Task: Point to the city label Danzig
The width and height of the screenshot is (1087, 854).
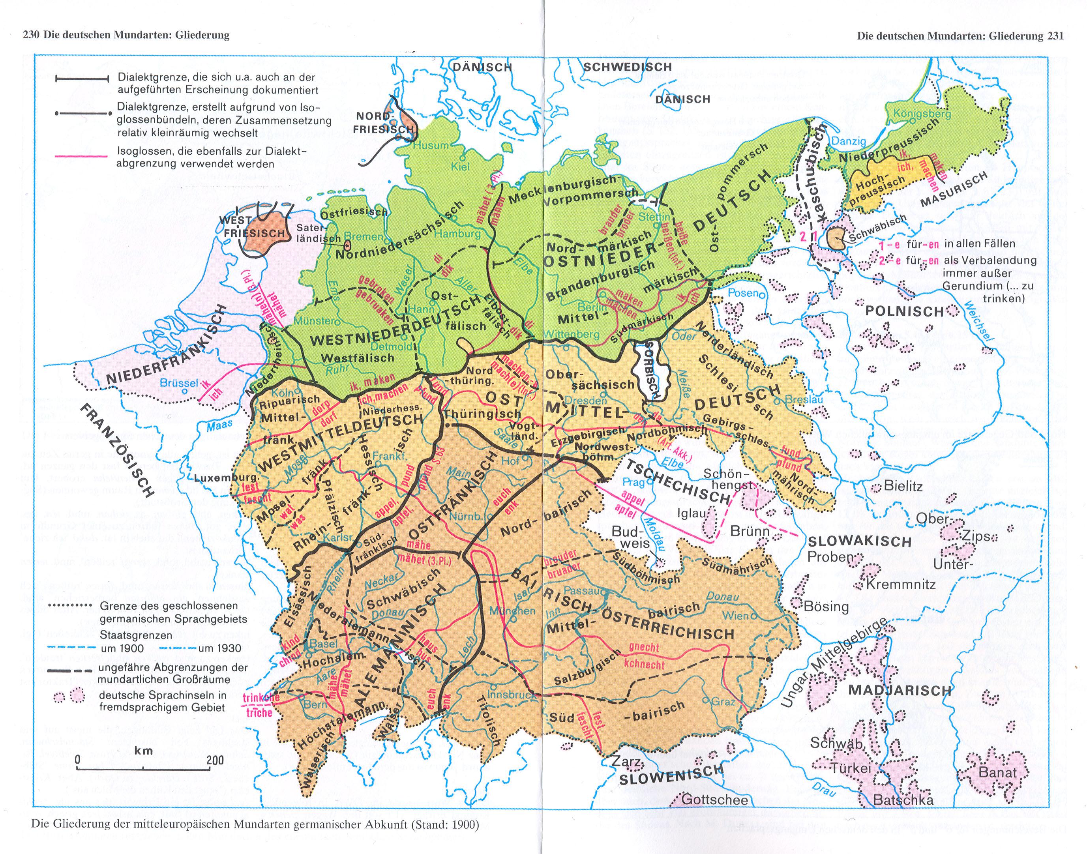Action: (849, 142)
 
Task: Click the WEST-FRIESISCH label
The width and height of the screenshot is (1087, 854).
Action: (255, 227)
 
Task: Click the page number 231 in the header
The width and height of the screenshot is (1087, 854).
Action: (1053, 36)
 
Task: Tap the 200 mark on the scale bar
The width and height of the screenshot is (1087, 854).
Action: (215, 760)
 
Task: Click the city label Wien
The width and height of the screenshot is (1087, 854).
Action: (736, 616)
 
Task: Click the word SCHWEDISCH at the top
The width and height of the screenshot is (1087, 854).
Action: (628, 67)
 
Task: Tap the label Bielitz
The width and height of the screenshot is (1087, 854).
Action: (903, 485)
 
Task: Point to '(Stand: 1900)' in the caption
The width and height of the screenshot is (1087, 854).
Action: (445, 824)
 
